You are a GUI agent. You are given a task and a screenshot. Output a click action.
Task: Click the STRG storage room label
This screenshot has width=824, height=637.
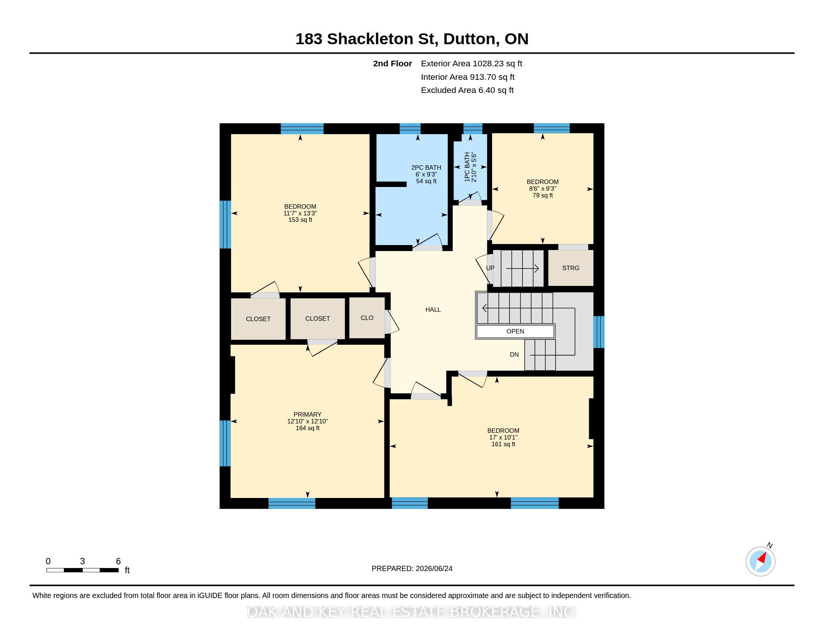[570, 268]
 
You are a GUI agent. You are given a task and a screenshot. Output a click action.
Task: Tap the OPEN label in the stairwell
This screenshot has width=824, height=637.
[515, 331]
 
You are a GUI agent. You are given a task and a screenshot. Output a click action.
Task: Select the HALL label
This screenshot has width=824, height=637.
[433, 310]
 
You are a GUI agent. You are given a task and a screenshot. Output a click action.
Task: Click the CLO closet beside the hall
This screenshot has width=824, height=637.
[367, 318]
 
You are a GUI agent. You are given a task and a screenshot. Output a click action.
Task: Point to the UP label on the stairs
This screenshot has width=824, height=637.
[490, 268]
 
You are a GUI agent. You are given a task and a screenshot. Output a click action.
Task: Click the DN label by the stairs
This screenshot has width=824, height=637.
[514, 354]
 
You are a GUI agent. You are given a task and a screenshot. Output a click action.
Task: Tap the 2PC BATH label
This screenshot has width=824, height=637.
[426, 167]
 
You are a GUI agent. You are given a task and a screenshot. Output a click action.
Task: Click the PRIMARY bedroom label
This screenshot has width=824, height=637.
[308, 414]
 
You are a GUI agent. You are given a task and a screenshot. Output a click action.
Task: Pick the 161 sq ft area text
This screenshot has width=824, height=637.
[503, 444]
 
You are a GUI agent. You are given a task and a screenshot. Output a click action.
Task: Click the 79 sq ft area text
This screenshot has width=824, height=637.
[543, 196]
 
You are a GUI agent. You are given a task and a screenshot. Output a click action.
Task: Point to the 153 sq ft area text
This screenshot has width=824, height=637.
[300, 220]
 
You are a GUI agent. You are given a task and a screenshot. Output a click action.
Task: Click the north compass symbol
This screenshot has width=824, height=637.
[761, 561]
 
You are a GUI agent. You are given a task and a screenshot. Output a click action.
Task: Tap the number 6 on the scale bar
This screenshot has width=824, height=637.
[118, 561]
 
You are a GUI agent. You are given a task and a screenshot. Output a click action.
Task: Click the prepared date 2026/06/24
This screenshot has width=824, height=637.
[432, 568]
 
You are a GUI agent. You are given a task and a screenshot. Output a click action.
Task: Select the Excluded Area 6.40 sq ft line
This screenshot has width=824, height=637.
[467, 90]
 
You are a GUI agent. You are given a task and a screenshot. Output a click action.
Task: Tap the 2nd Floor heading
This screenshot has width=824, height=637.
[393, 64]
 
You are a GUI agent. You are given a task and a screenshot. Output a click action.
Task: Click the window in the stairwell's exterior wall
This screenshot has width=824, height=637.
[599, 332]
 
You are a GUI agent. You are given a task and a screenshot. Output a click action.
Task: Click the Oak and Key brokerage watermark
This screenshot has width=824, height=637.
[412, 612]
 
